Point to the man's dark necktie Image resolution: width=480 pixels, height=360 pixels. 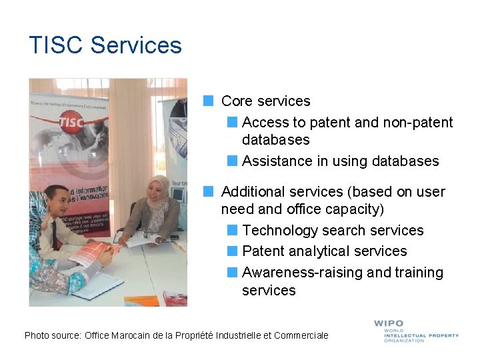[x=54, y=233]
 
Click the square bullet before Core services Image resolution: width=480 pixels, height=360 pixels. [x=209, y=101]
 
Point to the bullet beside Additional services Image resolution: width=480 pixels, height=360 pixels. [x=209, y=191]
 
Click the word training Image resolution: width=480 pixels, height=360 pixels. [x=419, y=272]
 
